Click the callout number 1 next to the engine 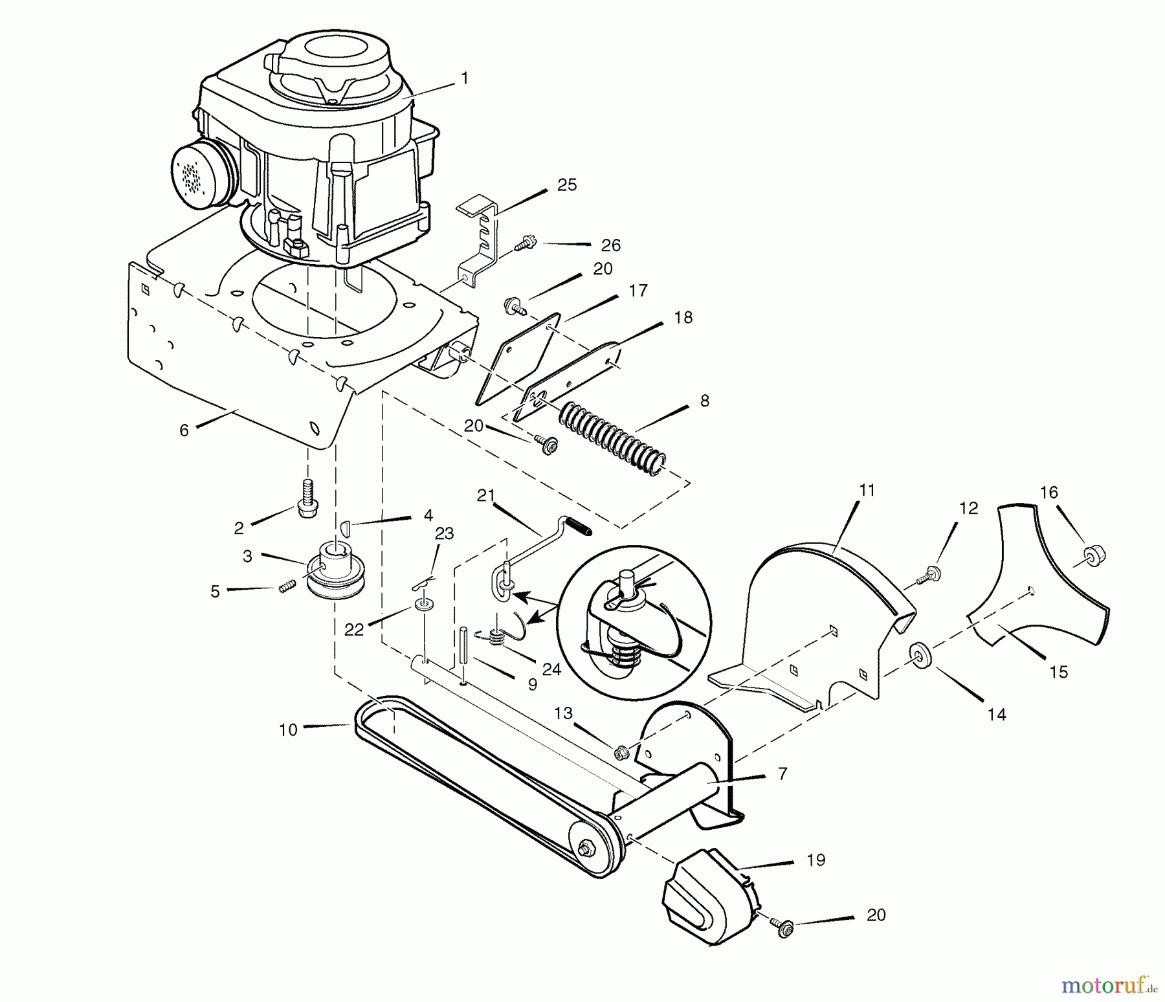click(464, 78)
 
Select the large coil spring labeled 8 click(612, 438)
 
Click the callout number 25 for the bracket click(566, 185)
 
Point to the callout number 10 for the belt click(288, 729)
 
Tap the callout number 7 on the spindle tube click(782, 774)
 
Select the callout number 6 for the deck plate click(184, 430)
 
